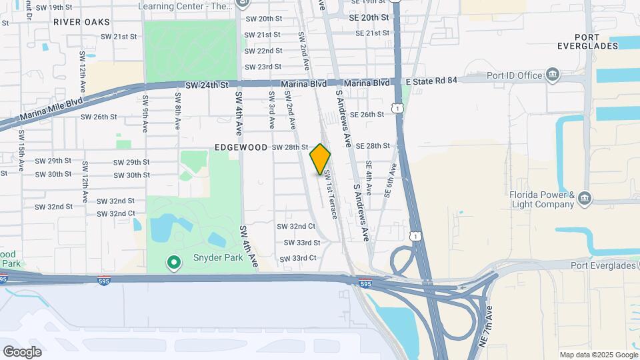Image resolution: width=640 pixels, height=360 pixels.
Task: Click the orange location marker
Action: pos(321,159)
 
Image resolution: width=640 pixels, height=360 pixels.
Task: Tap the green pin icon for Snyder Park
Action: pos(174,263)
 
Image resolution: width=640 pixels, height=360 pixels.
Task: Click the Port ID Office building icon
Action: pos(553,75)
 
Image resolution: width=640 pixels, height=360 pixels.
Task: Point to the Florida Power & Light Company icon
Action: pos(585,197)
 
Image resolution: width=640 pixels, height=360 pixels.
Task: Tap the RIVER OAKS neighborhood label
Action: pos(82,22)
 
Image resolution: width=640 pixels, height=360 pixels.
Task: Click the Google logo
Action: pos(22,352)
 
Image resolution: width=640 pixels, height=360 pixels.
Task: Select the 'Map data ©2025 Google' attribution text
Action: pos(598,355)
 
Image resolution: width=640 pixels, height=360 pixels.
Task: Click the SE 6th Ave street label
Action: pos(392,180)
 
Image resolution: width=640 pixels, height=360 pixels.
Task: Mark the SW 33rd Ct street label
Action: pos(298,258)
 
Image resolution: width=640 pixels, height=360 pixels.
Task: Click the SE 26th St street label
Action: pos(367,115)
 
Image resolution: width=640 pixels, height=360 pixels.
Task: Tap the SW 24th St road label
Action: pos(207,85)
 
